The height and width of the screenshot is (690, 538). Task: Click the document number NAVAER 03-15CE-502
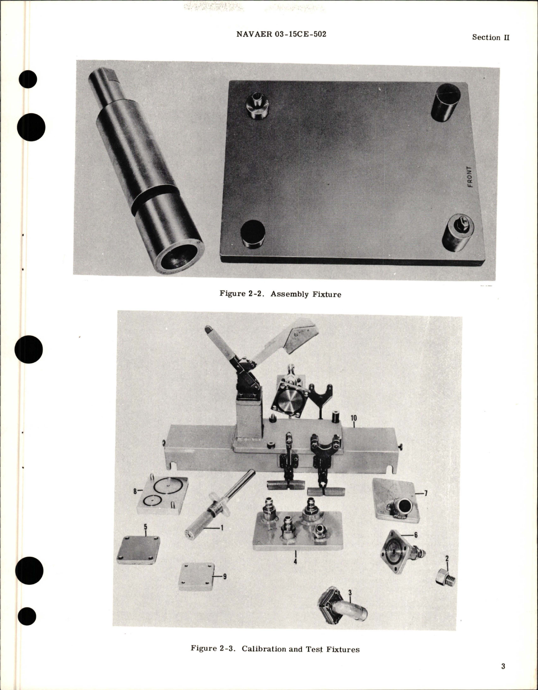pyautogui.click(x=281, y=34)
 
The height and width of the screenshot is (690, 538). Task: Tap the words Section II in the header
pyautogui.click(x=491, y=37)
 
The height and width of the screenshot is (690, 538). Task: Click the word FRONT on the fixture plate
pyautogui.click(x=470, y=177)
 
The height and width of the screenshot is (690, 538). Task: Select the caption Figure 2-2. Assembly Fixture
pyautogui.click(x=280, y=294)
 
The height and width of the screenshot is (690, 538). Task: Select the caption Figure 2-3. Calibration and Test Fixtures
pyautogui.click(x=275, y=649)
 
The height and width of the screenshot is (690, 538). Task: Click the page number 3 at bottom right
pyautogui.click(x=503, y=667)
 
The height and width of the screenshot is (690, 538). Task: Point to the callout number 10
pyautogui.click(x=353, y=418)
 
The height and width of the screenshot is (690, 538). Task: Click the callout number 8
pyautogui.click(x=135, y=491)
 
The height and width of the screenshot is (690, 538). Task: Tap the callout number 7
pyautogui.click(x=426, y=493)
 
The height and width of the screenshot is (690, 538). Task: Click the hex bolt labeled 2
pyautogui.click(x=445, y=576)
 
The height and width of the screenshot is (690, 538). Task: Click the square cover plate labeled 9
pyautogui.click(x=196, y=576)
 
